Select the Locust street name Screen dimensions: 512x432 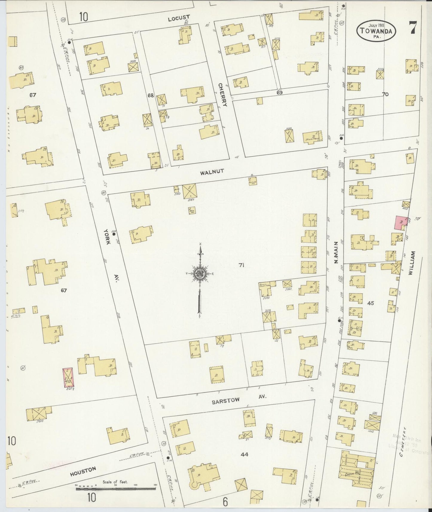179,19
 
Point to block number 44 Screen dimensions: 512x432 244,454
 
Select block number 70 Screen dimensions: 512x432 385,94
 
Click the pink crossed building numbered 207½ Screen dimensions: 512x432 68,378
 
